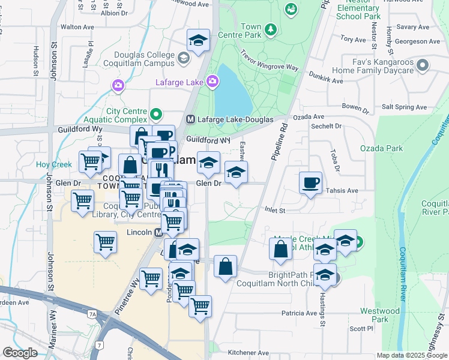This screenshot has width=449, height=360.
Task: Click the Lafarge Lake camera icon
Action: [x=212, y=80]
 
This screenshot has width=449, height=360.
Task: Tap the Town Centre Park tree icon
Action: [x=271, y=29]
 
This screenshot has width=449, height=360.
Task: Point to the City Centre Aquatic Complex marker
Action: [x=157, y=113]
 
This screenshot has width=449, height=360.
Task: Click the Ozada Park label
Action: [x=381, y=148]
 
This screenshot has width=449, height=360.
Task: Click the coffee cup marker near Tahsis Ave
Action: [x=310, y=182]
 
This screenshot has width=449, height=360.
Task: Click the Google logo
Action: [x=20, y=353]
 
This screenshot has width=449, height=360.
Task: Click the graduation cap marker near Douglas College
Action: [x=198, y=40]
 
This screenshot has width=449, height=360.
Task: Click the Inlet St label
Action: [x=274, y=210]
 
